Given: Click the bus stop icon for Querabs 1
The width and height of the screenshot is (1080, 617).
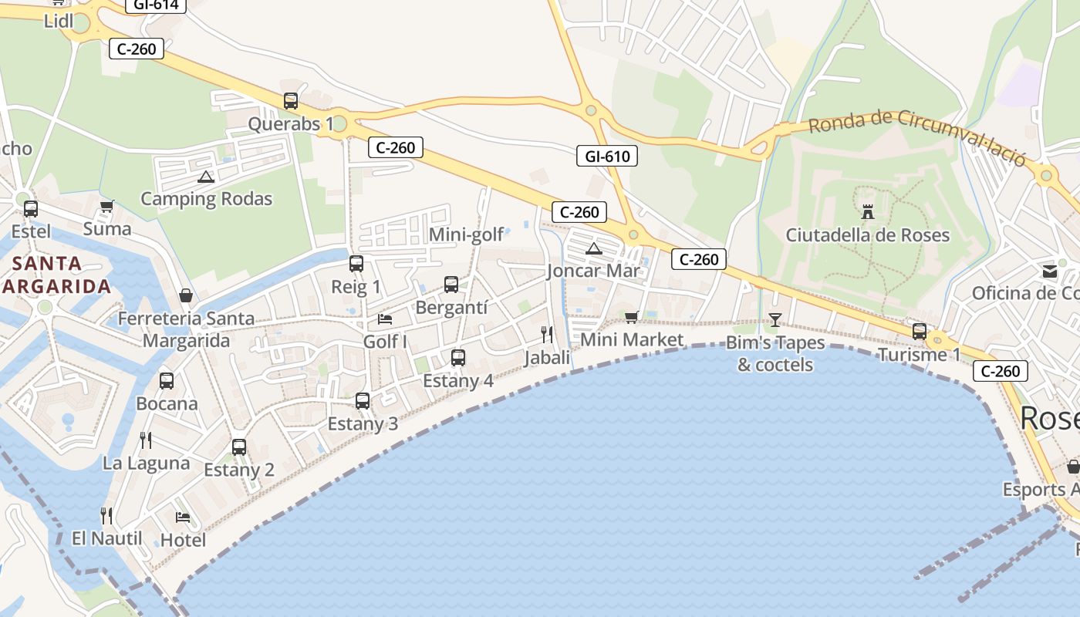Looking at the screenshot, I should click(x=291, y=101).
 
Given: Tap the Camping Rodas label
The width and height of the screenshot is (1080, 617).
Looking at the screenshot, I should click(x=206, y=199).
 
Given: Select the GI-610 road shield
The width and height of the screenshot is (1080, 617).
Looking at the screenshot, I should click(x=607, y=157).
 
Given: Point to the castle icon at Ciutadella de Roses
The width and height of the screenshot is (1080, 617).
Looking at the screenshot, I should click(x=868, y=211).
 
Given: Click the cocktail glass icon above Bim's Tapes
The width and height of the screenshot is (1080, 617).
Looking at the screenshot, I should click(x=775, y=319).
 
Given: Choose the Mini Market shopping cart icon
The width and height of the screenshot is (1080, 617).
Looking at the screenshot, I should click(x=632, y=317).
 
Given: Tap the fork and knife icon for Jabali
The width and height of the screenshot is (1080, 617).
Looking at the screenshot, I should click(x=547, y=334).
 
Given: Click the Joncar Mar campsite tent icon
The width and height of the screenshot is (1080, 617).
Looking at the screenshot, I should click(x=593, y=248).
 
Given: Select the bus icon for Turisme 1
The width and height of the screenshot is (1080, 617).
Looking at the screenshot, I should click(x=920, y=332).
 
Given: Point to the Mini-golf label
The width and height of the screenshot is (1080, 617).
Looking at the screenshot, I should click(x=466, y=234).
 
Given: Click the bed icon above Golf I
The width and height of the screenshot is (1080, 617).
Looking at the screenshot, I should click(x=385, y=319).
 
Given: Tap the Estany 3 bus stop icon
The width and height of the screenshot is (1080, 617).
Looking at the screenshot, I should click(x=363, y=401).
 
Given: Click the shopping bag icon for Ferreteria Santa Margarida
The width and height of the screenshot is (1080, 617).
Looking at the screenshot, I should click(x=186, y=295).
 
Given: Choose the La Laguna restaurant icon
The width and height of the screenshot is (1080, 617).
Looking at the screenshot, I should click(x=146, y=440).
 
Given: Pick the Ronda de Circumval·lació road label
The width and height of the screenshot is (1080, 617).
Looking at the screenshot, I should click(x=917, y=137).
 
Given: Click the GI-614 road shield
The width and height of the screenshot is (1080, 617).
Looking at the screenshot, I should click(x=156, y=5).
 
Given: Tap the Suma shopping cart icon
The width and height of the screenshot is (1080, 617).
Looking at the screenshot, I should click(x=107, y=207).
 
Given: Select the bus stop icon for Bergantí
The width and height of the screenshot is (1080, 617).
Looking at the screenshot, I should click(x=451, y=285).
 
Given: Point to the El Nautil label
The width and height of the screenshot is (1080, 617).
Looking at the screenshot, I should click(x=107, y=538).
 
